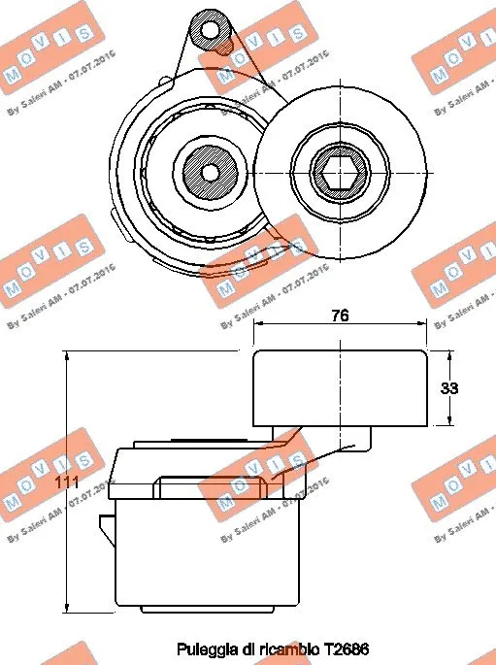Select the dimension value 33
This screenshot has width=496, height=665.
click(449, 388)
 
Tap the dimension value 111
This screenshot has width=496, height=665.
click(66, 482)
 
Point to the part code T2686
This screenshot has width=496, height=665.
click(348, 648)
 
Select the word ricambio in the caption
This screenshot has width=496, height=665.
click(287, 648)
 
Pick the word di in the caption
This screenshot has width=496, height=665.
click(245, 648)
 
